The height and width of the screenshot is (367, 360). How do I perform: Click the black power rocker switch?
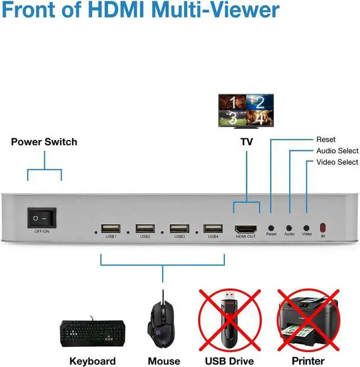click(x=43, y=217)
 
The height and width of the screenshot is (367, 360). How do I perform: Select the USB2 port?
click(x=145, y=229)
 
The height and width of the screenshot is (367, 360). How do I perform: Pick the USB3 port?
click(x=179, y=229)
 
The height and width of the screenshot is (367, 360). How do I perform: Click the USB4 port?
click(x=213, y=229)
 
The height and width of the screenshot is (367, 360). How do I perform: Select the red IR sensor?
click(x=323, y=227)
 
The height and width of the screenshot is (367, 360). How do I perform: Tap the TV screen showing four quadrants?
click(x=245, y=109)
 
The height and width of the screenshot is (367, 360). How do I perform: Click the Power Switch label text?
click(x=44, y=142)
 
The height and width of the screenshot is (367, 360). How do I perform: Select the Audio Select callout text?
click(x=337, y=151)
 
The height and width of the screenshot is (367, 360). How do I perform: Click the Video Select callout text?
click(x=337, y=162)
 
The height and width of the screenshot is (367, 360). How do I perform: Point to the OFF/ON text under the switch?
click(x=43, y=231)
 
